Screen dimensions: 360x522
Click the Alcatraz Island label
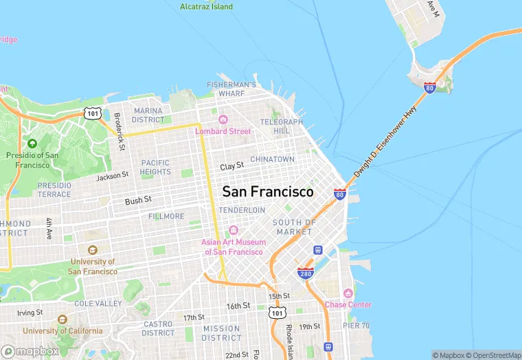point(206,7)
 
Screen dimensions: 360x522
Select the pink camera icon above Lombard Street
point(223,120)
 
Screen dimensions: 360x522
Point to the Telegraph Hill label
point(281,126)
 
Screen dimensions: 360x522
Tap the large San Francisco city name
point(267,192)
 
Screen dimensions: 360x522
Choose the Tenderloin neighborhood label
point(242,210)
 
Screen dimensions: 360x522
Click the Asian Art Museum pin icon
point(233,230)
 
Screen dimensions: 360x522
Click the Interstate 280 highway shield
point(306,273)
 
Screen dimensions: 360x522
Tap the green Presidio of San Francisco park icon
point(32,144)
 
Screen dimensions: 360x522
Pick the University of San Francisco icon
point(92,251)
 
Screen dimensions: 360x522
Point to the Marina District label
point(148,115)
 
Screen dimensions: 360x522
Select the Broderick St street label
point(119,131)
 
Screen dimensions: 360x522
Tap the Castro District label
point(158,328)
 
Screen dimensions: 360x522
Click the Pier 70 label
point(356,325)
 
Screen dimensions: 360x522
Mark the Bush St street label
point(138,201)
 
